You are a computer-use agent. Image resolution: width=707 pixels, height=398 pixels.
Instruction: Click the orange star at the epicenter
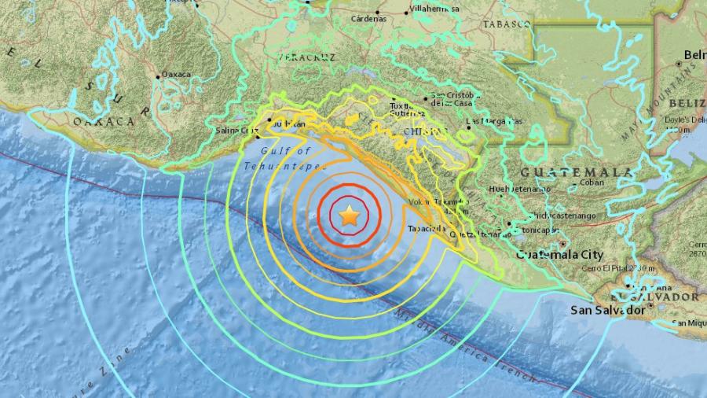coord(350,215)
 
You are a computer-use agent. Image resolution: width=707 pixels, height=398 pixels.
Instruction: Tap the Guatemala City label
coord(559,255)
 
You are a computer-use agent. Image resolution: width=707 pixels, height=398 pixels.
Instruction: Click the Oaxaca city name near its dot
coord(177,75)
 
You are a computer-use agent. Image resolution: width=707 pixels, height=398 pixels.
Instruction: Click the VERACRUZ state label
coord(306,57)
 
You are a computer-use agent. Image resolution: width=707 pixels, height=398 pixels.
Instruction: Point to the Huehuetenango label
coord(519,190)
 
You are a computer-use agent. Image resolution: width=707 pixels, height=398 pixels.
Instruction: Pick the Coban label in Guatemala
coord(592,183)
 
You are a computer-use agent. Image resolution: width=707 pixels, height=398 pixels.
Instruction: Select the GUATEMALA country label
coord(576,171)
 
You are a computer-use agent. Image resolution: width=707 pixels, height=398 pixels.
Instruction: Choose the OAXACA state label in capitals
coord(103,121)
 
